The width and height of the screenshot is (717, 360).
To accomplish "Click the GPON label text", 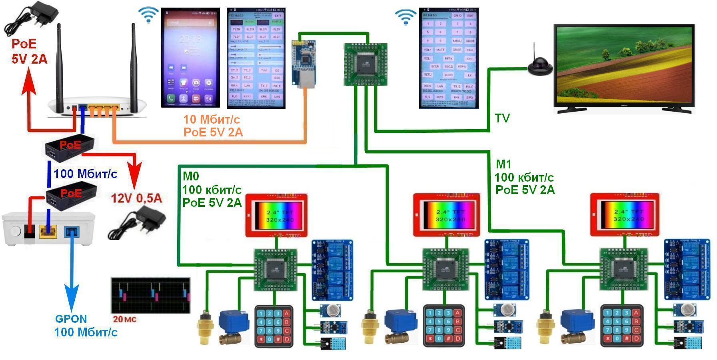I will (x=71, y=319).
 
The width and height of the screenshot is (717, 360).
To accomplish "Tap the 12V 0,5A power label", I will (x=136, y=198).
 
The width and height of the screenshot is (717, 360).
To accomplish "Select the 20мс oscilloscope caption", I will (x=125, y=319).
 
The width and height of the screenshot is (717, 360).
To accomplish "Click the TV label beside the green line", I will (x=502, y=118).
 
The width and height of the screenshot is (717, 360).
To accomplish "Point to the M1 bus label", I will (x=503, y=164).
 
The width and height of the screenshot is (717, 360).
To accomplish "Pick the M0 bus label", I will (x=191, y=176).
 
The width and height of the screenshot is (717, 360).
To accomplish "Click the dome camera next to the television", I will (x=539, y=65).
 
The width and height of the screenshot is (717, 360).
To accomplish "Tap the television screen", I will (x=624, y=65).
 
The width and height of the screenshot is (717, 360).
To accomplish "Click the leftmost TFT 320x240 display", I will (x=276, y=216).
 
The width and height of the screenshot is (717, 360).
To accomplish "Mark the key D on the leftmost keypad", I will (x=286, y=340).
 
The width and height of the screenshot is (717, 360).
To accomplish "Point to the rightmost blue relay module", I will (x=687, y=269).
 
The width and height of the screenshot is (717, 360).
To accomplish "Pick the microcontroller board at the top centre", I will (x=365, y=64).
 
